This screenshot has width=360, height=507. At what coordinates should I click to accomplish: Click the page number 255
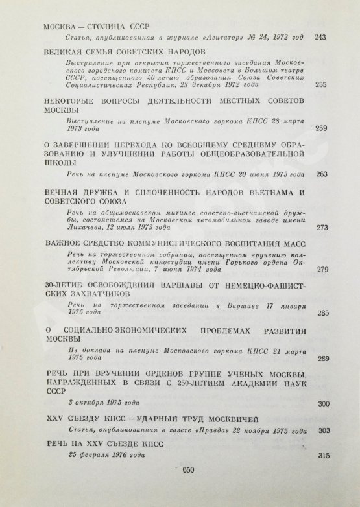[x=319, y=85]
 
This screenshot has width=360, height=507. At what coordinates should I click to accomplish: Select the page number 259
[x=320, y=128]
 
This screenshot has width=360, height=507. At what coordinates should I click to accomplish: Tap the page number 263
[x=320, y=174]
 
